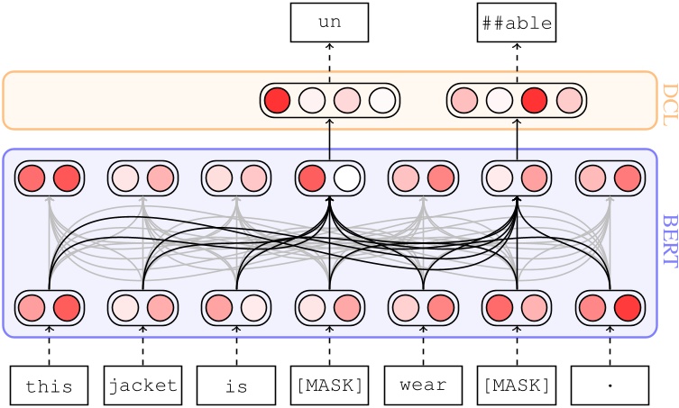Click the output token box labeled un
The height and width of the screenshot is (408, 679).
tap(329, 23)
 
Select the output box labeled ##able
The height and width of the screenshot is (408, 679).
tap(517, 23)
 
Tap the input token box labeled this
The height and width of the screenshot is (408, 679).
tap(49, 385)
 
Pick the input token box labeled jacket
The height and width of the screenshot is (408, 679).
tap(142, 385)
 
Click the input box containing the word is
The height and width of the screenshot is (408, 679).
tap(236, 385)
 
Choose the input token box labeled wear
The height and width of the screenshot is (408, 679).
tap(423, 385)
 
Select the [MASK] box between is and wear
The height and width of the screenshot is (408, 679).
tap(329, 385)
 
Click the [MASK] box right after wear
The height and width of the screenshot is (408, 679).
tap(517, 385)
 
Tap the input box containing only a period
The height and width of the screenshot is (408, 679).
tap(610, 385)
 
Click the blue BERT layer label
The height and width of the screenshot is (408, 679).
tap(668, 241)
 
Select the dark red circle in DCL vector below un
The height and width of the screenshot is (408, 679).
tap(278, 100)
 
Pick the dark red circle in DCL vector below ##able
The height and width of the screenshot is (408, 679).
tap(535, 100)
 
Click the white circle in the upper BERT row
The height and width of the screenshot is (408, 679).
tap(347, 178)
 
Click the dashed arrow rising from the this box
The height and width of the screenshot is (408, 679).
tap(49, 345)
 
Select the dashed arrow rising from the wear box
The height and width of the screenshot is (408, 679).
tap(423, 345)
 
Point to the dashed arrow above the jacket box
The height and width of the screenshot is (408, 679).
tap(142, 345)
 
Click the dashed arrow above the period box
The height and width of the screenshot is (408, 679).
tap(610, 345)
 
